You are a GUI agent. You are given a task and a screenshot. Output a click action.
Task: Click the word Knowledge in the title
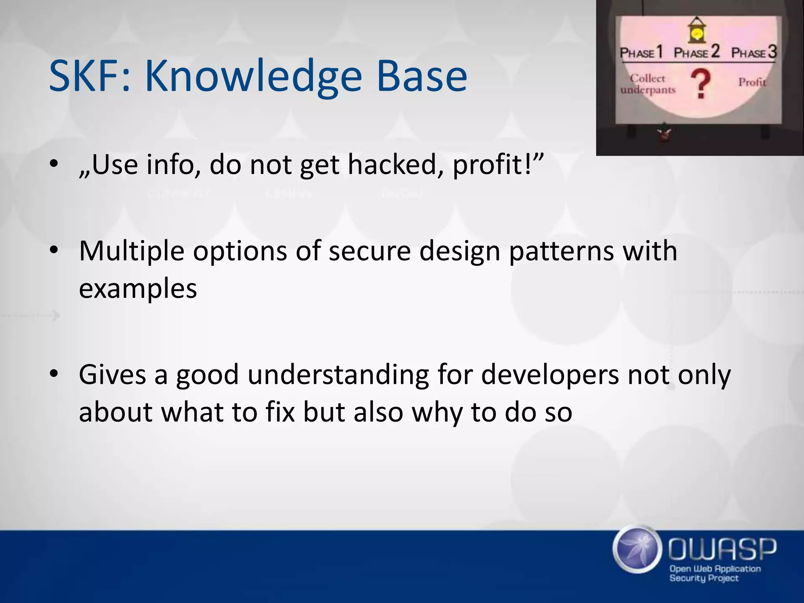[x=253, y=77]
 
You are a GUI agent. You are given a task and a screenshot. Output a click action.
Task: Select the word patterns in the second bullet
[x=561, y=251]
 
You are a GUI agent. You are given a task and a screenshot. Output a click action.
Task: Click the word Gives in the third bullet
[x=113, y=375]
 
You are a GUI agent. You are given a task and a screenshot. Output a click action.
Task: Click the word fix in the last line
[x=280, y=412]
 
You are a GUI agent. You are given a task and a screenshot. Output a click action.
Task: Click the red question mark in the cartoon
[x=701, y=84]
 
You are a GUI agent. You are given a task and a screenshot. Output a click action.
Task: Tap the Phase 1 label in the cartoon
[x=641, y=52]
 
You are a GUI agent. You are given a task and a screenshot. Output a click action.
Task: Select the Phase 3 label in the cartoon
[x=754, y=52]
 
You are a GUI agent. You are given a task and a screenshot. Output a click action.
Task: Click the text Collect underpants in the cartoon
[x=648, y=84]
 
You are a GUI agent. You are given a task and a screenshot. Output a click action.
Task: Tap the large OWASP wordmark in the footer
[x=722, y=549]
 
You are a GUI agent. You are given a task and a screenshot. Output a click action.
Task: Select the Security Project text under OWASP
[x=704, y=578]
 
